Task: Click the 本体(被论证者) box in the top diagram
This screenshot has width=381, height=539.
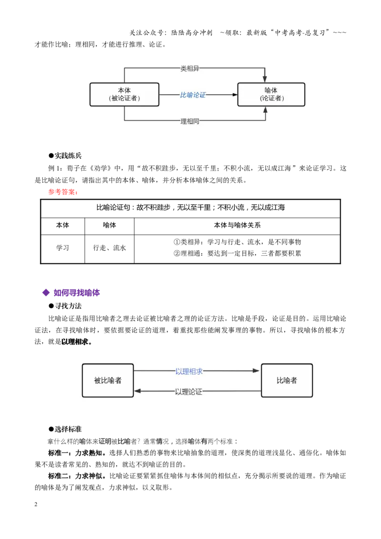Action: pos(124,95)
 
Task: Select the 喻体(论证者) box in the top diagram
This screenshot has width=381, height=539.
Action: pos(271,95)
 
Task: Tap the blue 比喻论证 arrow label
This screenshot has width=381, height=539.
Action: pos(193,95)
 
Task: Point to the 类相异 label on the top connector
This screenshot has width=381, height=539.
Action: pos(190,69)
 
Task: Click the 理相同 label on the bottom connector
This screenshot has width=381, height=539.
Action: pos(190,121)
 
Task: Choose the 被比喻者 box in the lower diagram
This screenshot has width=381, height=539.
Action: pos(108,380)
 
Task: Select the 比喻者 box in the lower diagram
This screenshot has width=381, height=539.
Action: pos(287,380)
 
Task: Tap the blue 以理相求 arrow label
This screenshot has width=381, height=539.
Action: pos(189,371)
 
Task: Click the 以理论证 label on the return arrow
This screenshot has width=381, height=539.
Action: pos(189,392)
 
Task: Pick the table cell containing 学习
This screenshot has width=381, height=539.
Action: pos(62,248)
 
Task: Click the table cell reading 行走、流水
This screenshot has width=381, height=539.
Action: pos(110,248)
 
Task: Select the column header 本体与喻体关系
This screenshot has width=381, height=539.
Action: pos(237,225)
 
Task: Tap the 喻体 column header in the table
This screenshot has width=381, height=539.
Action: pos(110,225)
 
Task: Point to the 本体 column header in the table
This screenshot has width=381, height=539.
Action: pos(62,225)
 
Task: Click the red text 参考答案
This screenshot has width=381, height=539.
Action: pos(63,192)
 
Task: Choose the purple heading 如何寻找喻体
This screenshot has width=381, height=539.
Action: pos(77,293)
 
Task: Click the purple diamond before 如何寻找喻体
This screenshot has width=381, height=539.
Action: pos(46,293)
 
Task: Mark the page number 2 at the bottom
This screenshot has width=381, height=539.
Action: pos(36,504)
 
